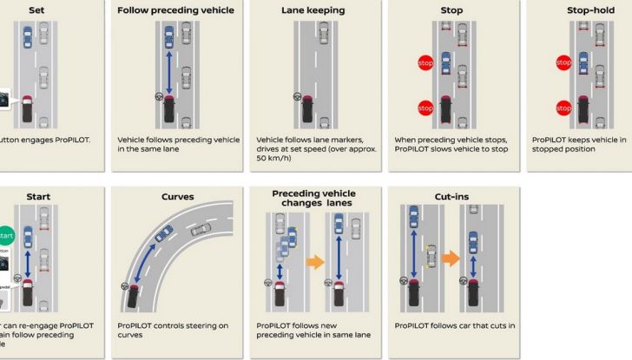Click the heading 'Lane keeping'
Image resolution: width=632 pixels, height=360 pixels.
pos(313,10)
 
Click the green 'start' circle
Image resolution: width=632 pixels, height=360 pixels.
pos(7,235)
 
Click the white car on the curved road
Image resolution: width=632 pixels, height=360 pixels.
pos(201,230)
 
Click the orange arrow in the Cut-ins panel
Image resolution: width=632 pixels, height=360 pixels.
pos(450,259)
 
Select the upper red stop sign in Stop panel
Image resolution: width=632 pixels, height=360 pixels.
pos(425,63)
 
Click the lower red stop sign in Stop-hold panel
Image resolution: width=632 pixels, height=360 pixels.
pos(563,108)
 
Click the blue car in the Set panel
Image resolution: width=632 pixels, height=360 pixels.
pos(29,37)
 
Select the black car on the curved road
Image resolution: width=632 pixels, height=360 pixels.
pos(132,296)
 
